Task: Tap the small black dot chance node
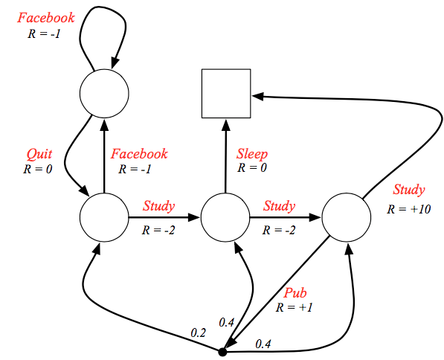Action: [x=222, y=350]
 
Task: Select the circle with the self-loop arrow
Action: [x=103, y=92]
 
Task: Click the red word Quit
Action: [x=39, y=154]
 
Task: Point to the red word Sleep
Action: [x=252, y=154]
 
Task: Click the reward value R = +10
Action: [x=408, y=208]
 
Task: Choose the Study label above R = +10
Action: [x=409, y=189]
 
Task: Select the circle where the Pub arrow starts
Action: [x=345, y=217]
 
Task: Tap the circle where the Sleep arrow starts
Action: [x=225, y=217]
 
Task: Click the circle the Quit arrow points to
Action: [x=103, y=217]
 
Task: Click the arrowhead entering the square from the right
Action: [x=256, y=96]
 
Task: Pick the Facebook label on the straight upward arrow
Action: [x=139, y=154]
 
